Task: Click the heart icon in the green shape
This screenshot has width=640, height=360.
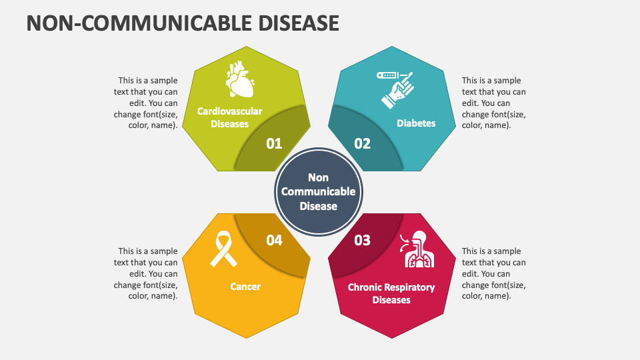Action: click(240, 79)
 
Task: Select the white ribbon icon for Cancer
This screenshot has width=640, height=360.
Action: click(223, 249)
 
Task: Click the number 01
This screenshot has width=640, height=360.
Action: click(274, 144)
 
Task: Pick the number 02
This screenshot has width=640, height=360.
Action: click(363, 144)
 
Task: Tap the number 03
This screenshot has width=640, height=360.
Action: click(363, 241)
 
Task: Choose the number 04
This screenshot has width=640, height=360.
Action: click(274, 241)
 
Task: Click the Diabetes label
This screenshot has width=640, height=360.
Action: click(416, 123)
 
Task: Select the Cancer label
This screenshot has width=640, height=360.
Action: click(245, 287)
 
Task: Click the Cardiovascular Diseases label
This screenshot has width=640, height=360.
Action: click(230, 117)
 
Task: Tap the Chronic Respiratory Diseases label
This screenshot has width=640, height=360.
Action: click(391, 293)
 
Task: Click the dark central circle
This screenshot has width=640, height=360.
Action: click(319, 191)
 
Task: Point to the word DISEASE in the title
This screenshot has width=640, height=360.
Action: click(299, 23)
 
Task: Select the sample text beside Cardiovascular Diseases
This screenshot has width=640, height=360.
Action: click(146, 103)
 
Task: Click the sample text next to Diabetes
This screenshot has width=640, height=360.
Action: click(494, 103)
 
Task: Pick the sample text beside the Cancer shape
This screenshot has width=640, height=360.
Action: click(146, 273)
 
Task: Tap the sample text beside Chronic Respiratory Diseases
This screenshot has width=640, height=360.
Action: click(494, 273)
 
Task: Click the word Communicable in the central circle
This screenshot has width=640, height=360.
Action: click(319, 191)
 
